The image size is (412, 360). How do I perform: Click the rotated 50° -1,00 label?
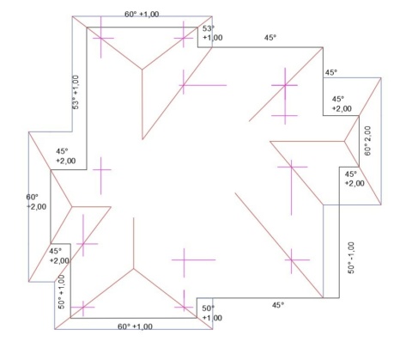[x=351, y=258]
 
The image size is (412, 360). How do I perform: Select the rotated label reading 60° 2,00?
[x=367, y=141]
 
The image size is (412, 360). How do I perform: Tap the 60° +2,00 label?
[x=36, y=202]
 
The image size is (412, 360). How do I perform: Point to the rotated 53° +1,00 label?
[x=76, y=92]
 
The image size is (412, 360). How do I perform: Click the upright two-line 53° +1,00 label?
[x=213, y=33]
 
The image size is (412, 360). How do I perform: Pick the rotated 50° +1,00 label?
[x=62, y=291]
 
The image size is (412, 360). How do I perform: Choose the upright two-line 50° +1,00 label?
[x=212, y=313]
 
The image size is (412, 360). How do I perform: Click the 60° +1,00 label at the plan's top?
[x=142, y=14]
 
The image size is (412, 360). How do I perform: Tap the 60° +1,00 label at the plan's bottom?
[x=135, y=326]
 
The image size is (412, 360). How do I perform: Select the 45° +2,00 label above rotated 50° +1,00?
[x=59, y=256]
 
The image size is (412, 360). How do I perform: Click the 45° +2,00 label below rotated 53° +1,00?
[x=66, y=156]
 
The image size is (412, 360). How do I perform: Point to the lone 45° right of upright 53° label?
[x=270, y=38]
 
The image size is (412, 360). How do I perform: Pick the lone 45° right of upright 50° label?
[x=278, y=305]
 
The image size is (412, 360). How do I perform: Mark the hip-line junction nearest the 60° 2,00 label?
[x=344, y=141]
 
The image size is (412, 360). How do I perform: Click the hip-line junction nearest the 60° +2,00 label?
[x=72, y=206]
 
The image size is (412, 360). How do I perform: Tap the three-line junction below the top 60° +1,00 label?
[x=142, y=70]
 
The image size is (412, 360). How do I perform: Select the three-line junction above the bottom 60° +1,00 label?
[x=133, y=269]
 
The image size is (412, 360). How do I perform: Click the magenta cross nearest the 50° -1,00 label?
[x=291, y=260]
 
